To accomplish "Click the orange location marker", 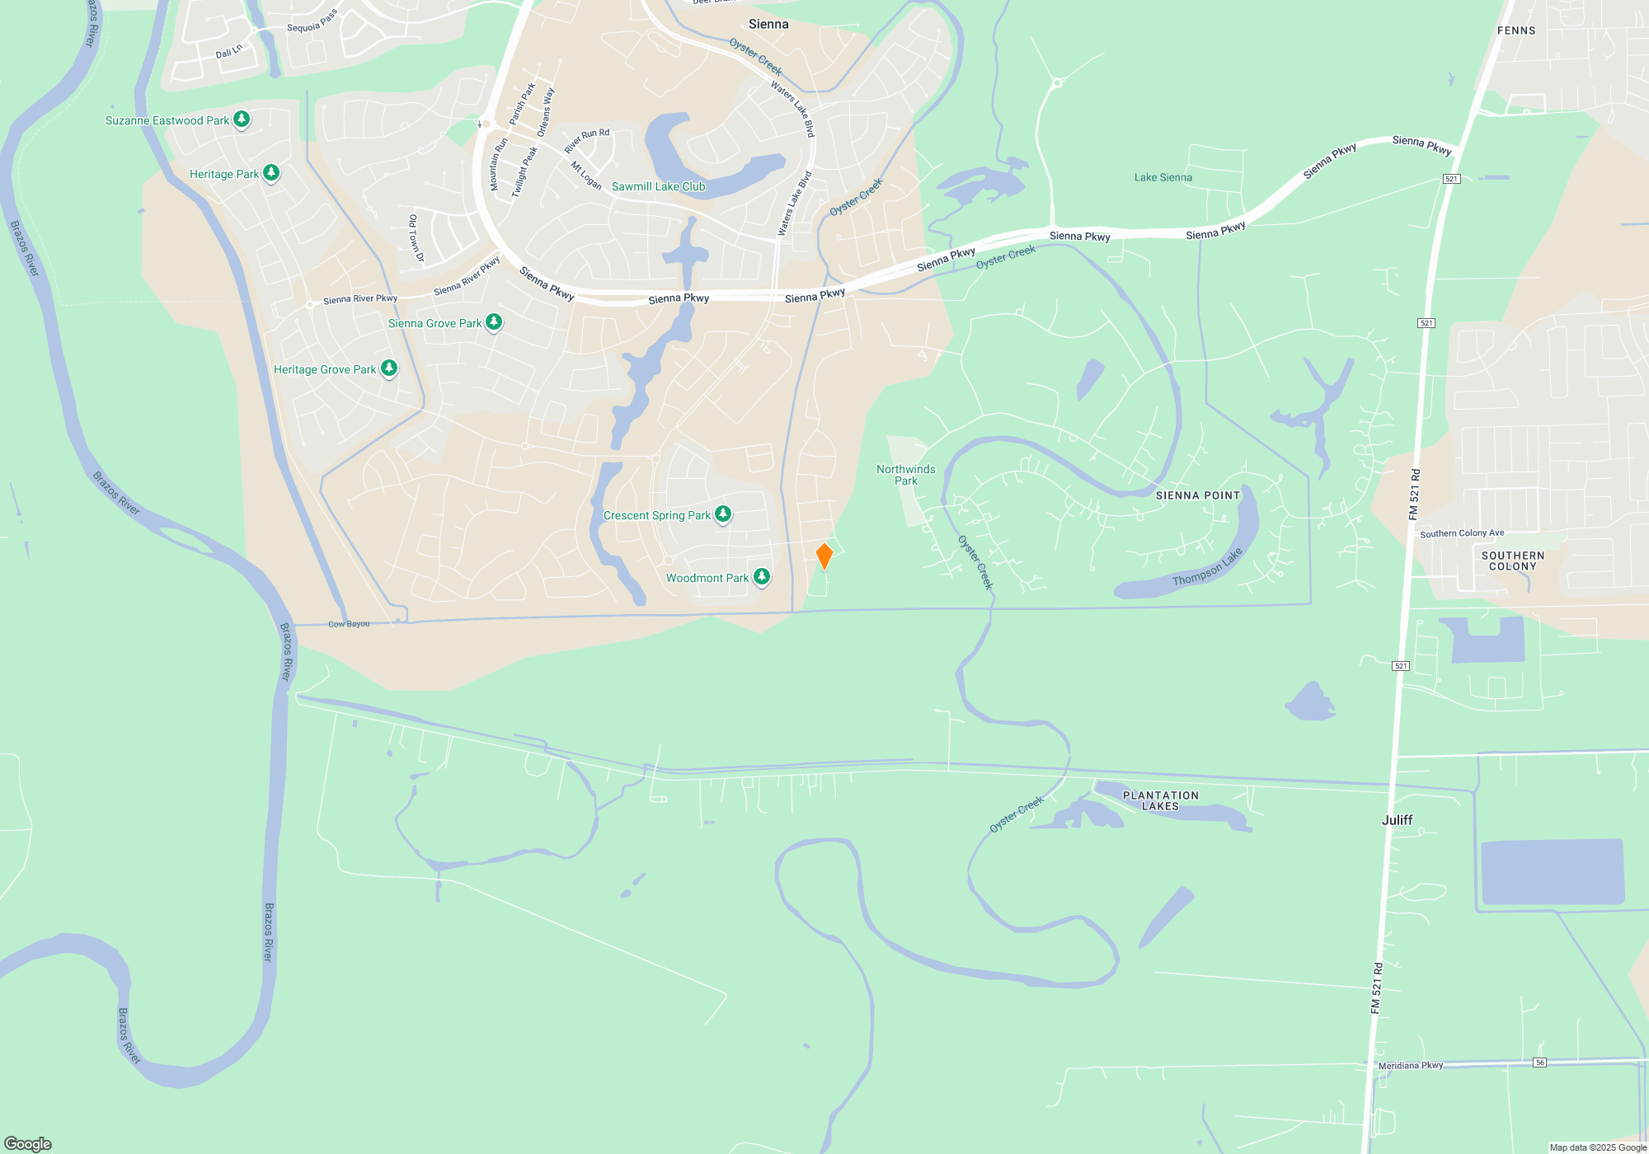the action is (824, 556).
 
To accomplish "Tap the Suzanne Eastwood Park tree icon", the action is (242, 120).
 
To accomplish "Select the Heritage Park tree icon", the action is (270, 173).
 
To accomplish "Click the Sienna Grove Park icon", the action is (494, 322).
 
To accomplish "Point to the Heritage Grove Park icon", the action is (389, 368).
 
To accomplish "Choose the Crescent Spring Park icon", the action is (723, 514).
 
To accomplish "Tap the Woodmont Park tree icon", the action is (762, 577).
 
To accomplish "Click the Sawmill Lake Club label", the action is (658, 187).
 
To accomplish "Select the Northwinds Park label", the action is (905, 475).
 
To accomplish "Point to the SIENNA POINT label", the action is (1197, 495).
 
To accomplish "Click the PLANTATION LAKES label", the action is (1160, 800).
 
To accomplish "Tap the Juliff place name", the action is (1397, 820).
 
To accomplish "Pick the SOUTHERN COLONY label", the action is (1512, 561).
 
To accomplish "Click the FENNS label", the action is (1516, 30).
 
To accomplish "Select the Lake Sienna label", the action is (1163, 177).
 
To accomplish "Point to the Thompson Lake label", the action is (1207, 568).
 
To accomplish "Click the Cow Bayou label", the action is (349, 624).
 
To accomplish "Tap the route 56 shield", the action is (1539, 1063).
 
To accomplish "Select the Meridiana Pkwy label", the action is (1410, 1066).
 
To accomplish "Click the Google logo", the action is (28, 1143).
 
